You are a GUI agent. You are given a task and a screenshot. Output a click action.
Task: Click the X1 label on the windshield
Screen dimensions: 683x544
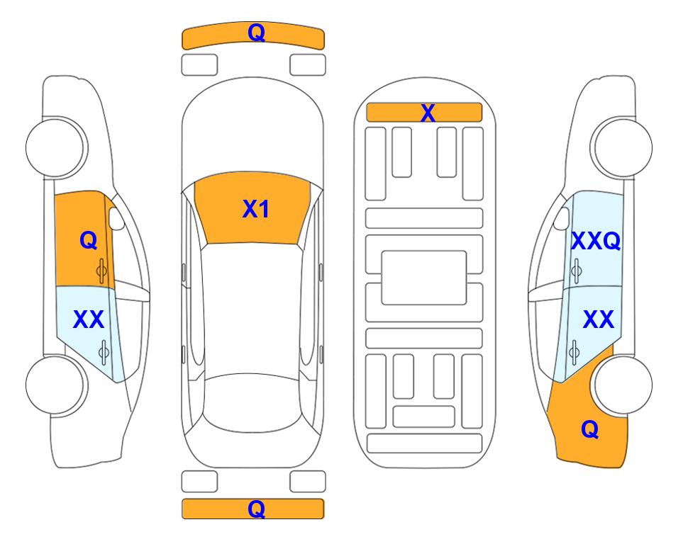pos(256,209)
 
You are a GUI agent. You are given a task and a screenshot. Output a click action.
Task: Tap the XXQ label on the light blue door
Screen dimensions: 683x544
pos(596,241)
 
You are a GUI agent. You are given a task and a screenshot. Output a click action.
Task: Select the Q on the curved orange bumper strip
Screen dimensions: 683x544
pos(256,32)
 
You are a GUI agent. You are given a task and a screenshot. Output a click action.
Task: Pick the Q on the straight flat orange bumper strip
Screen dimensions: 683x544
pos(256,509)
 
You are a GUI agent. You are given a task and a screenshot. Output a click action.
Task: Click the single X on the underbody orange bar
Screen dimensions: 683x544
pos(428,113)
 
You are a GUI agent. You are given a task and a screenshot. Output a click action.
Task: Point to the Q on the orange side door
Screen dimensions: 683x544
pos(89,240)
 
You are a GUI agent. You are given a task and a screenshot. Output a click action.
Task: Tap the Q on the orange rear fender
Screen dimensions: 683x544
pos(590,429)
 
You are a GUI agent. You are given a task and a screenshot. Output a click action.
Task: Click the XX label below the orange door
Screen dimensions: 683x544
pos(89,319)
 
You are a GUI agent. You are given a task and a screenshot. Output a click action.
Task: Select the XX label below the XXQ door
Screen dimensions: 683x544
pos(598,319)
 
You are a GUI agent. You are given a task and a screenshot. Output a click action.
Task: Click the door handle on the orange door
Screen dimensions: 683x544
pos(102,271)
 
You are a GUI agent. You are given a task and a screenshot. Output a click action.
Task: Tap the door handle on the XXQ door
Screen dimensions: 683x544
pos(576,271)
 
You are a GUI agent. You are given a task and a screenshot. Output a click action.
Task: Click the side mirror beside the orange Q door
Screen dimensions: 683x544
pos(116,218)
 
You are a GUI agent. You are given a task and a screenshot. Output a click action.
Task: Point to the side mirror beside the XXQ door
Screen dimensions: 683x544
pos(561,218)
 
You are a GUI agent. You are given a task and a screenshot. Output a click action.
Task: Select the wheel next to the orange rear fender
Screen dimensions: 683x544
pos(623,385)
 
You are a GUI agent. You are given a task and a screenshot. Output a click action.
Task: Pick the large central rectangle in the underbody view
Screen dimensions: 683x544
pos(424,278)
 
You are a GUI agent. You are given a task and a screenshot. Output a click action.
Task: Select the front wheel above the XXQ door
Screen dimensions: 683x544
pos(623,148)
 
